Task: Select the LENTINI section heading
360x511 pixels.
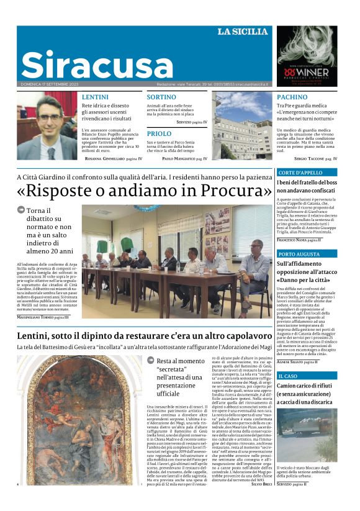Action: pyautogui.click(x=95, y=97)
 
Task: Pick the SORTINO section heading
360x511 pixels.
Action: pyautogui.click(x=161, y=97)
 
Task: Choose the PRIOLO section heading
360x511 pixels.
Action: pyautogui.click(x=159, y=133)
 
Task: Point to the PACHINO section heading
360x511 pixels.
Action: pyautogui.click(x=292, y=97)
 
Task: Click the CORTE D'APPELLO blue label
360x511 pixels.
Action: pyautogui.click(x=300, y=173)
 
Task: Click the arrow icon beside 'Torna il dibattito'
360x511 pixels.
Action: pyautogui.click(x=22, y=210)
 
